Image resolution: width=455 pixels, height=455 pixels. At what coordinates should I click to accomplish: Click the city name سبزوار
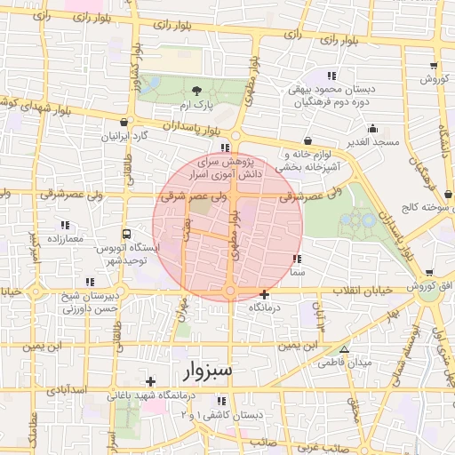pyautogui.click(x=208, y=369)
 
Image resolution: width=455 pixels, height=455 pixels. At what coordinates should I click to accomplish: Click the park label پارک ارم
pyautogui.click(x=197, y=106)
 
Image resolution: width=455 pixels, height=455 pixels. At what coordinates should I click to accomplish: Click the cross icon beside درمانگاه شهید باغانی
pyautogui.click(x=150, y=381)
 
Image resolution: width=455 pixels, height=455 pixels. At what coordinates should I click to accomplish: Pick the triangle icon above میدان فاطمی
pyautogui.click(x=345, y=349)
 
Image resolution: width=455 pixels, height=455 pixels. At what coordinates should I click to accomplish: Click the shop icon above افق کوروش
pyautogui.click(x=429, y=272)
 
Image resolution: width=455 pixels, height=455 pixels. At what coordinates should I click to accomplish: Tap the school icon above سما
pyautogui.click(x=297, y=259)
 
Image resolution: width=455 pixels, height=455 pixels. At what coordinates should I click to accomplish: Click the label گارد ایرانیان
pyautogui.click(x=125, y=138)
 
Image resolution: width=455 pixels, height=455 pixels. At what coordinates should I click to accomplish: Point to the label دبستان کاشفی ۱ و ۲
pyautogui.click(x=222, y=415)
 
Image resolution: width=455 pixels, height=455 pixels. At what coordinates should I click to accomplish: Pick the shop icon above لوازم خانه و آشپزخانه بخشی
pyautogui.click(x=307, y=140)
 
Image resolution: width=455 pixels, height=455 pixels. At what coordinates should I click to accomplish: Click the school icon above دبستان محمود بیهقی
pyautogui.click(x=332, y=76)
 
